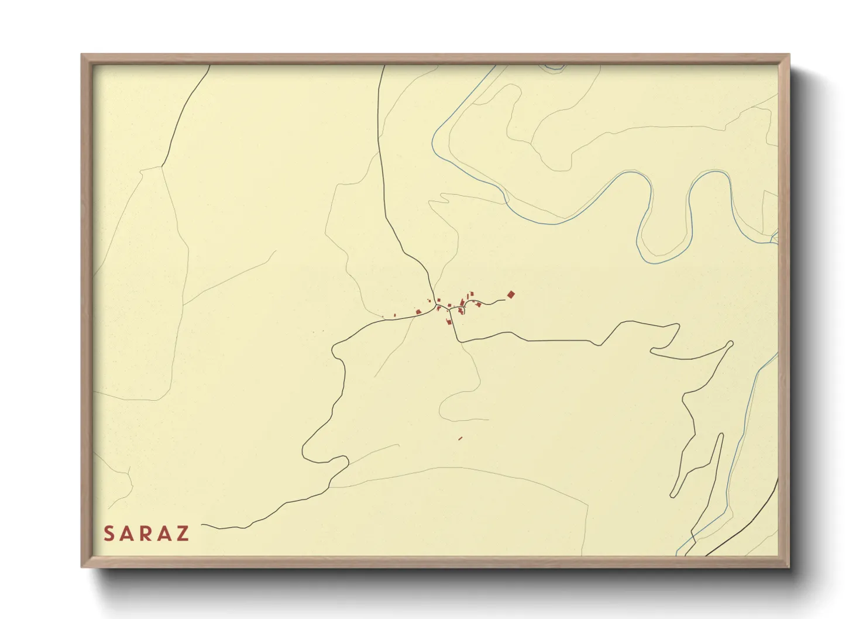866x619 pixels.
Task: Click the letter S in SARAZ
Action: tap(109, 534)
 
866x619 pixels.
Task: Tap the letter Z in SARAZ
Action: tap(183, 534)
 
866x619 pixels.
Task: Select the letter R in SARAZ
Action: tap(146, 534)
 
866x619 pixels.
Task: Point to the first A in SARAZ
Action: tap(127, 534)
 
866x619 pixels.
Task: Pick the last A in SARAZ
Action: tap(165, 534)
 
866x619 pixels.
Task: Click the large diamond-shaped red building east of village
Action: tap(511, 294)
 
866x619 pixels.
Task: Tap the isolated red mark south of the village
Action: tap(461, 438)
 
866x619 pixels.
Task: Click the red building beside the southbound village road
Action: tap(449, 321)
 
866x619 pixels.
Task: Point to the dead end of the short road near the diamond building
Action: tap(504, 300)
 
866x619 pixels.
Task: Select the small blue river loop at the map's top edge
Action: tap(553, 69)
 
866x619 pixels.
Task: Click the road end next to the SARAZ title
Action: tap(202, 525)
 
